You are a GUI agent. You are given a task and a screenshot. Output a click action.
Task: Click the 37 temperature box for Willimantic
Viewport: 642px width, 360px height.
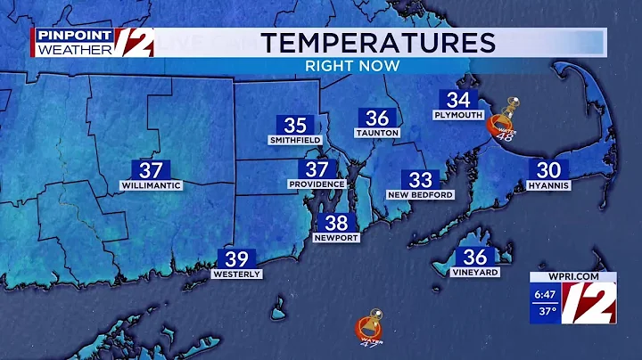pos(150,169)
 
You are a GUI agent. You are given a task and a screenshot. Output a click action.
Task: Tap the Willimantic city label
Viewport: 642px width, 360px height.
pos(151,185)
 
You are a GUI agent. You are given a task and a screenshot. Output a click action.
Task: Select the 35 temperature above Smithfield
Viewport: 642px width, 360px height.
pos(295,126)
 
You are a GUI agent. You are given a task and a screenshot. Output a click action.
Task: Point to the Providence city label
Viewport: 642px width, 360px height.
pos(317,184)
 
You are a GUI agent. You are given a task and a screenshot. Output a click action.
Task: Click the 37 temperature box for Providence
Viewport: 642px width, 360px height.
pos(317,169)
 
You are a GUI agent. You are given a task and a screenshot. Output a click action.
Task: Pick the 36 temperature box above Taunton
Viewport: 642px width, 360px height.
pos(377,119)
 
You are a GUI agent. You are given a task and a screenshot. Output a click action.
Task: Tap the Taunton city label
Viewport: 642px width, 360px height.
pos(377,133)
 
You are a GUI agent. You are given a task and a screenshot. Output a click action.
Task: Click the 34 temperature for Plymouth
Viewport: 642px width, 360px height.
pos(458,101)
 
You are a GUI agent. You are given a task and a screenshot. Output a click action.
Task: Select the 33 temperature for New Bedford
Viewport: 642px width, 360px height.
pos(420,179)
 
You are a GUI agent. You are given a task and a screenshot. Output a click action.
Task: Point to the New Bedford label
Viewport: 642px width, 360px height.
pos(420,194)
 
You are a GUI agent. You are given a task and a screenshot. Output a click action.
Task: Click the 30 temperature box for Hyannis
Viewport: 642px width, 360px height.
pos(547,170)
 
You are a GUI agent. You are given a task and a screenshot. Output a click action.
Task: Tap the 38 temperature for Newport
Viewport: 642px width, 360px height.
pos(336,224)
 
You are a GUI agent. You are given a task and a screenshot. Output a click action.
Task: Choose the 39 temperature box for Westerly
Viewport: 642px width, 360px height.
pos(236,259)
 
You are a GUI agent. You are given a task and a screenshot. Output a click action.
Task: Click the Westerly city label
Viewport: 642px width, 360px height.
pos(236,274)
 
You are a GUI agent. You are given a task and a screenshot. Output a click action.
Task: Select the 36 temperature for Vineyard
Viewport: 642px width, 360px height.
pos(475,257)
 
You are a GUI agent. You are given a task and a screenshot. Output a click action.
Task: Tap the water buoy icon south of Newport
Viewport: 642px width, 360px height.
pos(366,327)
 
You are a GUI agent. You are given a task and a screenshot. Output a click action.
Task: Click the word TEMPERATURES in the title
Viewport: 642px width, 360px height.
pos(379,42)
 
